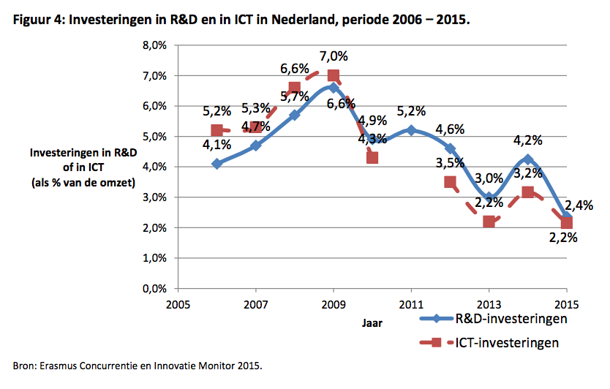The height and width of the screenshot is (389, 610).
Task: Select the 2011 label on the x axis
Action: click(411, 303)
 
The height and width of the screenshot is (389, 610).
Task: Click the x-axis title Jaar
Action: click(372, 320)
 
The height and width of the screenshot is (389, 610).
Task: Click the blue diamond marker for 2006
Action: click(217, 164)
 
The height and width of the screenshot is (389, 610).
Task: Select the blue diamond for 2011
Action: click(411, 130)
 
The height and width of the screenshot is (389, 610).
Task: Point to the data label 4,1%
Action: click(217, 145)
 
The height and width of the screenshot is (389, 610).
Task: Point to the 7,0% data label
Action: click(333, 56)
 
